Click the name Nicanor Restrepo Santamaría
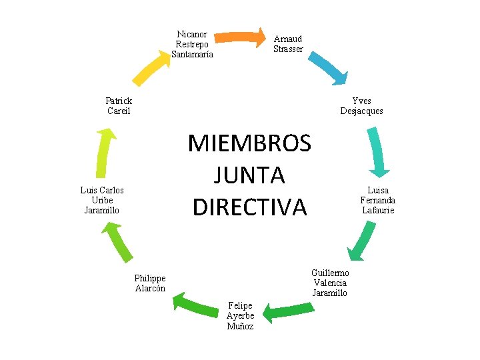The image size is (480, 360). tap(192, 45)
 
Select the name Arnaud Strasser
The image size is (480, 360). tap(288, 44)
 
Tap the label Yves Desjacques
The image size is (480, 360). tap(361, 106)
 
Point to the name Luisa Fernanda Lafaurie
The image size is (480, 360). tap(378, 200)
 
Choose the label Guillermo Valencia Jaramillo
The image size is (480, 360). tap(330, 283)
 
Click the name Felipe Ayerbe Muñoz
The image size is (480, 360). tap(240, 316)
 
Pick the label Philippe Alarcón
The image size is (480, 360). tap(150, 283)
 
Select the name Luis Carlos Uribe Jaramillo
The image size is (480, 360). tap(102, 200)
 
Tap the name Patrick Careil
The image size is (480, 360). tap(119, 106)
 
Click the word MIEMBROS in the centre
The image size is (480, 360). tap(249, 143)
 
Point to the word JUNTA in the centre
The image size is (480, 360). tap(249, 175)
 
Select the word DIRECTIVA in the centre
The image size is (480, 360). tap(249, 207)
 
